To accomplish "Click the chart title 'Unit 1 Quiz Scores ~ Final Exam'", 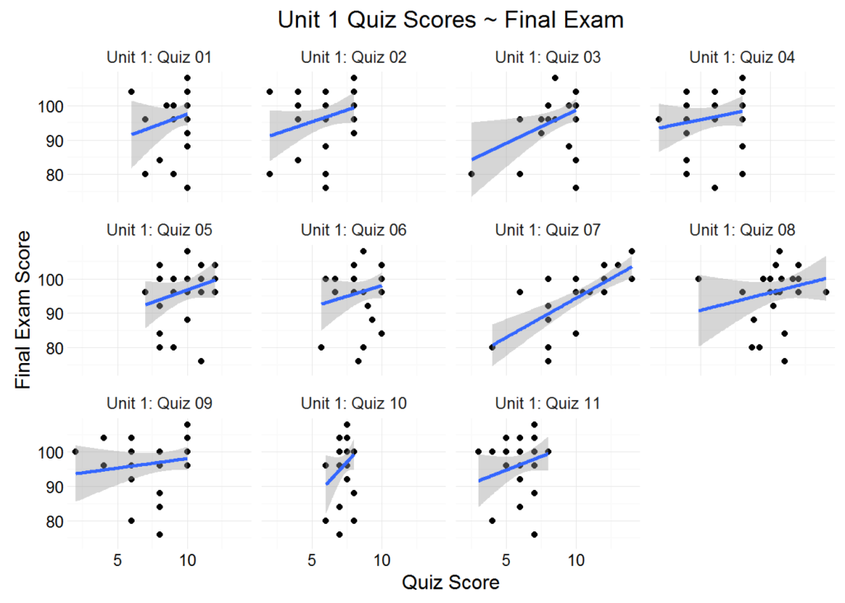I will click(450, 20).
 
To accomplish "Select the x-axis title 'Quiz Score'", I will click(450, 582).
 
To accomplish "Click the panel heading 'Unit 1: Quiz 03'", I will click(547, 58).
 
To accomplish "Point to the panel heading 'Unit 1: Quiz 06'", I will click(353, 230).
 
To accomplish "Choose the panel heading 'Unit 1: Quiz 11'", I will click(547, 403).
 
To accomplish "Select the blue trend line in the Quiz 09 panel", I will click(132, 466).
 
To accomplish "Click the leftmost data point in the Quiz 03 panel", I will click(471, 174).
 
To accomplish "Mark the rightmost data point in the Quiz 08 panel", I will click(825, 292).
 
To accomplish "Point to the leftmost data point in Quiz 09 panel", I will click(75, 452).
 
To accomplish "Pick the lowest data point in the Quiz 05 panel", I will click(201, 361).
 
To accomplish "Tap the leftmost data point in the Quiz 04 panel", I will click(659, 120).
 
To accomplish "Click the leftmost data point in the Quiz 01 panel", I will click(131, 92).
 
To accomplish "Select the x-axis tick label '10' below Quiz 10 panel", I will click(381, 558).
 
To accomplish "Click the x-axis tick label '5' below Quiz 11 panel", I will click(507, 558).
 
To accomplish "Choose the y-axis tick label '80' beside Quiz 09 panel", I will click(49, 521).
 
